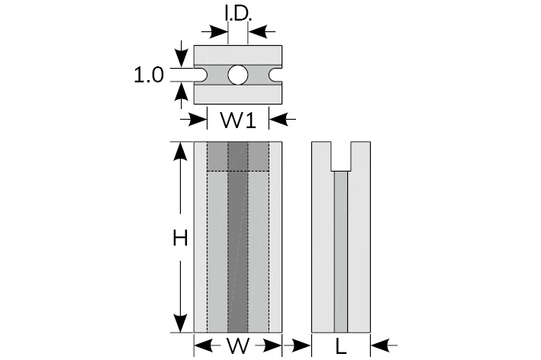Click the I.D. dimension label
pos(239,12)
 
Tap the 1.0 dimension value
pos(149,75)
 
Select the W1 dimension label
pos(239,120)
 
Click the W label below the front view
pos(238,347)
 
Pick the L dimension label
pos(341,347)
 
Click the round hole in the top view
pos(238,75)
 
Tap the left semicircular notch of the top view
pos(201,75)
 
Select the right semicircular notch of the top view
pos(275,75)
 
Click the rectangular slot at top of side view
pos(341,156)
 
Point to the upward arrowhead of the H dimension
pos(181,151)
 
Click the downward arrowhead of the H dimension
pos(181,323)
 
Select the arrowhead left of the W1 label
pos(200,119)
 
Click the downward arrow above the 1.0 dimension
pos(181,58)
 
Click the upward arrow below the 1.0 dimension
pos(181,92)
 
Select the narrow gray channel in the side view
pos(341,252)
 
